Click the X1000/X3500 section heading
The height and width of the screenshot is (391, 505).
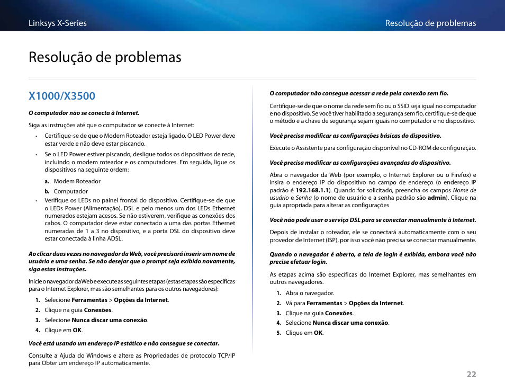click(x=62, y=96)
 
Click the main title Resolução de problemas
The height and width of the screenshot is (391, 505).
click(x=105, y=57)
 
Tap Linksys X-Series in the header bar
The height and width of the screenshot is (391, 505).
click(x=58, y=23)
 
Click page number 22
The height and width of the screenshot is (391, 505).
click(x=471, y=374)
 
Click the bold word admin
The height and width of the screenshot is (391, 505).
click(x=436, y=198)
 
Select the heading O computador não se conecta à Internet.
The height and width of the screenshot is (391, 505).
click(x=84, y=113)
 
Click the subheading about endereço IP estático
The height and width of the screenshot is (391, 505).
click(x=124, y=343)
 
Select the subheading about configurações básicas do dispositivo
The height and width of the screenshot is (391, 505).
click(x=355, y=136)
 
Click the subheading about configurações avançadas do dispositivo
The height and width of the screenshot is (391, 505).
click(x=360, y=163)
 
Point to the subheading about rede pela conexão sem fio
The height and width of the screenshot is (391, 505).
click(x=358, y=93)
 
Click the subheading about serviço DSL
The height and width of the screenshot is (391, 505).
click(x=373, y=220)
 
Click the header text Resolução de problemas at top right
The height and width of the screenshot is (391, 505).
click(x=430, y=23)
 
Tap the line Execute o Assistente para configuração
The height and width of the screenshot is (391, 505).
click(x=373, y=148)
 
